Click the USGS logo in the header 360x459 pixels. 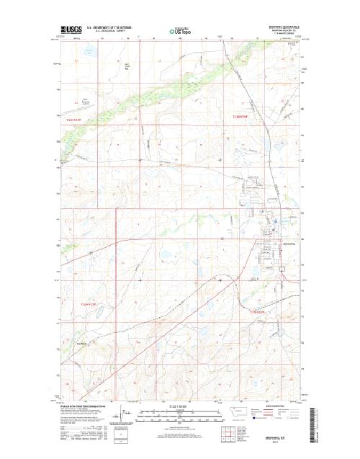(71, 31)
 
